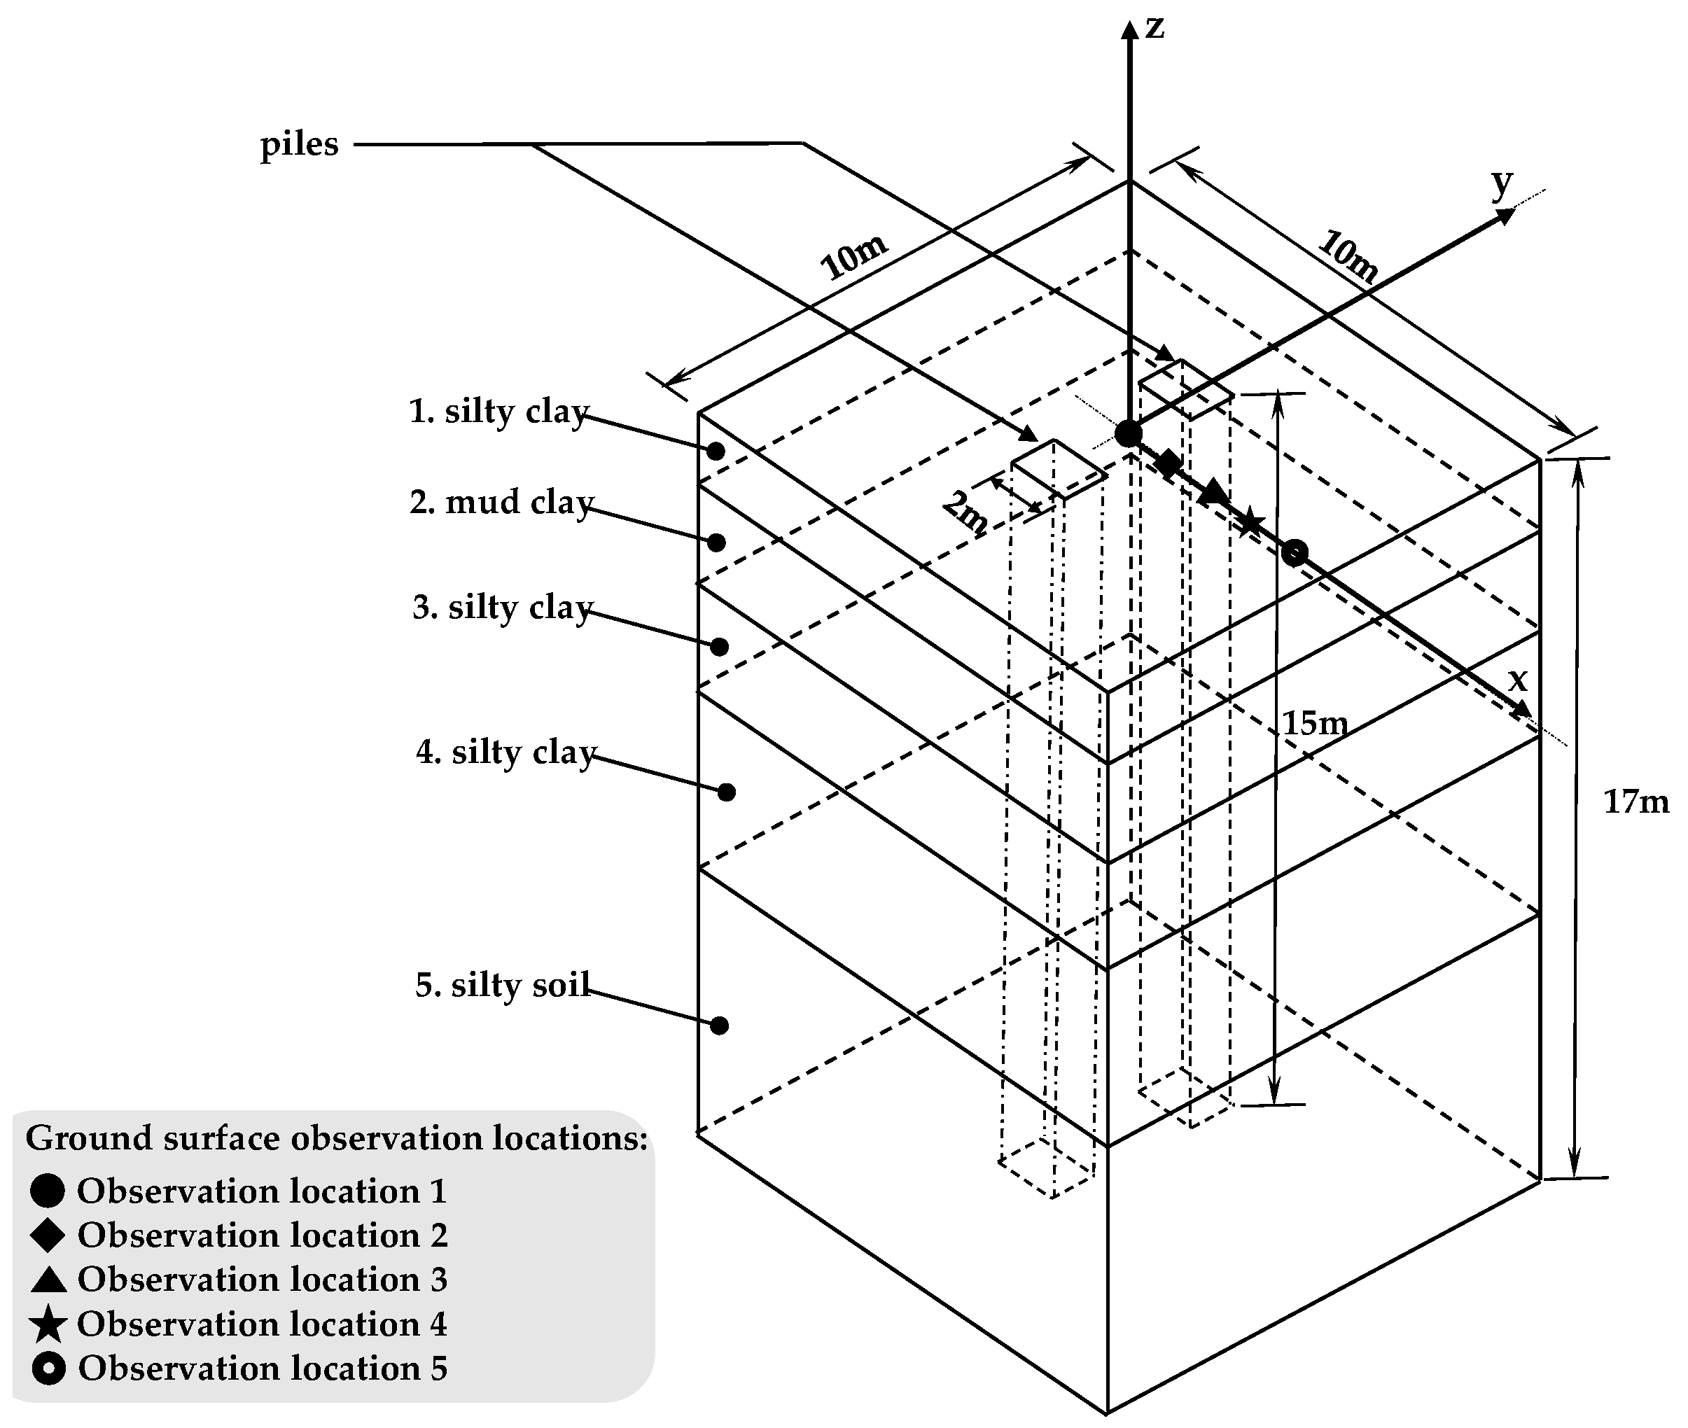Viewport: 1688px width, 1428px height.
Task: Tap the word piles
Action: click(x=299, y=145)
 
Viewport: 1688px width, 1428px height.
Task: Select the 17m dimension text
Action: click(x=1635, y=801)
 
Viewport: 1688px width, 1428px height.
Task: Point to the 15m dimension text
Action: click(x=1315, y=723)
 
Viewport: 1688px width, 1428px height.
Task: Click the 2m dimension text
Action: click(x=965, y=512)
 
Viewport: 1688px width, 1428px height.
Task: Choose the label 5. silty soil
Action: click(x=503, y=985)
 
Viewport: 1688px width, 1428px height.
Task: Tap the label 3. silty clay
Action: click(x=503, y=607)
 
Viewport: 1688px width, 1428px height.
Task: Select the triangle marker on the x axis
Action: click(x=1212, y=492)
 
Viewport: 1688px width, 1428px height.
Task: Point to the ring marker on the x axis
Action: click(x=1295, y=553)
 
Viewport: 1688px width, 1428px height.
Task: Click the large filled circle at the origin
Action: click(x=1129, y=434)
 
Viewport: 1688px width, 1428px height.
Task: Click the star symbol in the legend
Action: click(x=48, y=1324)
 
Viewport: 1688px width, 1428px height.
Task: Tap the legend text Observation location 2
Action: click(x=263, y=1235)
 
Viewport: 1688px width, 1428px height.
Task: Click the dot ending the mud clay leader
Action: click(x=716, y=542)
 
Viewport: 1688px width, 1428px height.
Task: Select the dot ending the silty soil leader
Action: click(x=720, y=1025)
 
